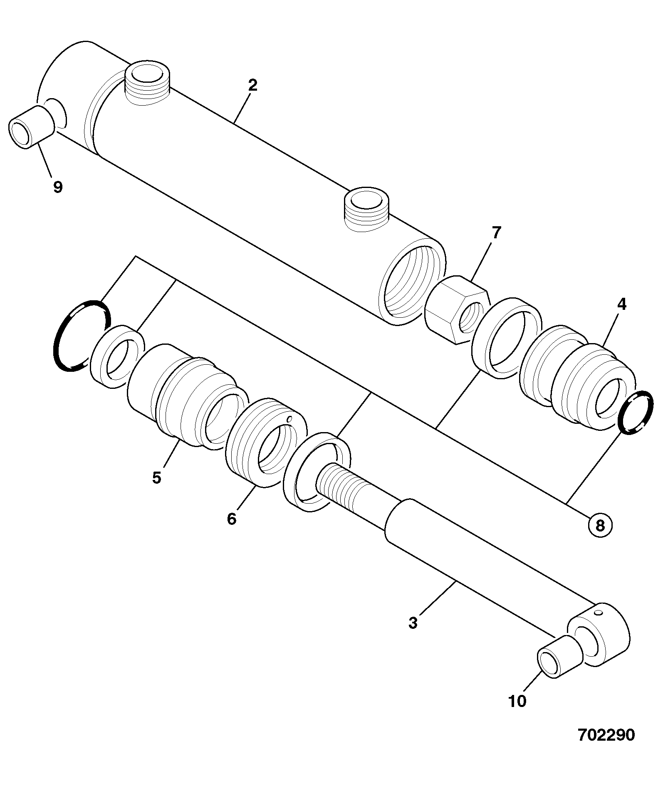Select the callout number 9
pyautogui.click(x=58, y=187)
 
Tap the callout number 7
pyautogui.click(x=496, y=233)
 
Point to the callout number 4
pyautogui.click(x=621, y=304)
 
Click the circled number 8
pyautogui.click(x=599, y=526)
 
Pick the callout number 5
pyautogui.click(x=156, y=477)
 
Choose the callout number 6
pyautogui.click(x=232, y=519)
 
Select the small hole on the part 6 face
pyautogui.click(x=290, y=418)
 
